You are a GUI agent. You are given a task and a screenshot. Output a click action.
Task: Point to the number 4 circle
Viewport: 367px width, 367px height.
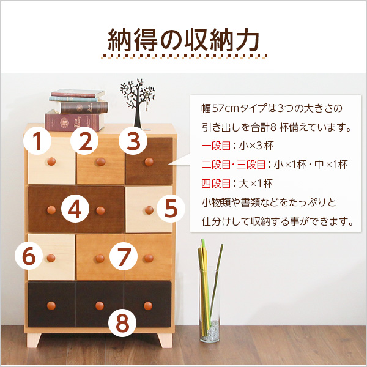pyautogui.click(x=75, y=209)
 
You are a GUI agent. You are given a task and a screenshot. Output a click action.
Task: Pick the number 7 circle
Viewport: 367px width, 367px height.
pyautogui.click(x=125, y=256)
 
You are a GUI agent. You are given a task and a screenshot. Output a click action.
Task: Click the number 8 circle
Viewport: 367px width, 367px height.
pyautogui.click(x=123, y=323)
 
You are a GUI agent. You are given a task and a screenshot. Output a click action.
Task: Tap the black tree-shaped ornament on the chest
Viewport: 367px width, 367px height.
pyautogui.click(x=136, y=101)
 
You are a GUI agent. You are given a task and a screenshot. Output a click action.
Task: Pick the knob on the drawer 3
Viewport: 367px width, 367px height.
pyautogui.click(x=148, y=161)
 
